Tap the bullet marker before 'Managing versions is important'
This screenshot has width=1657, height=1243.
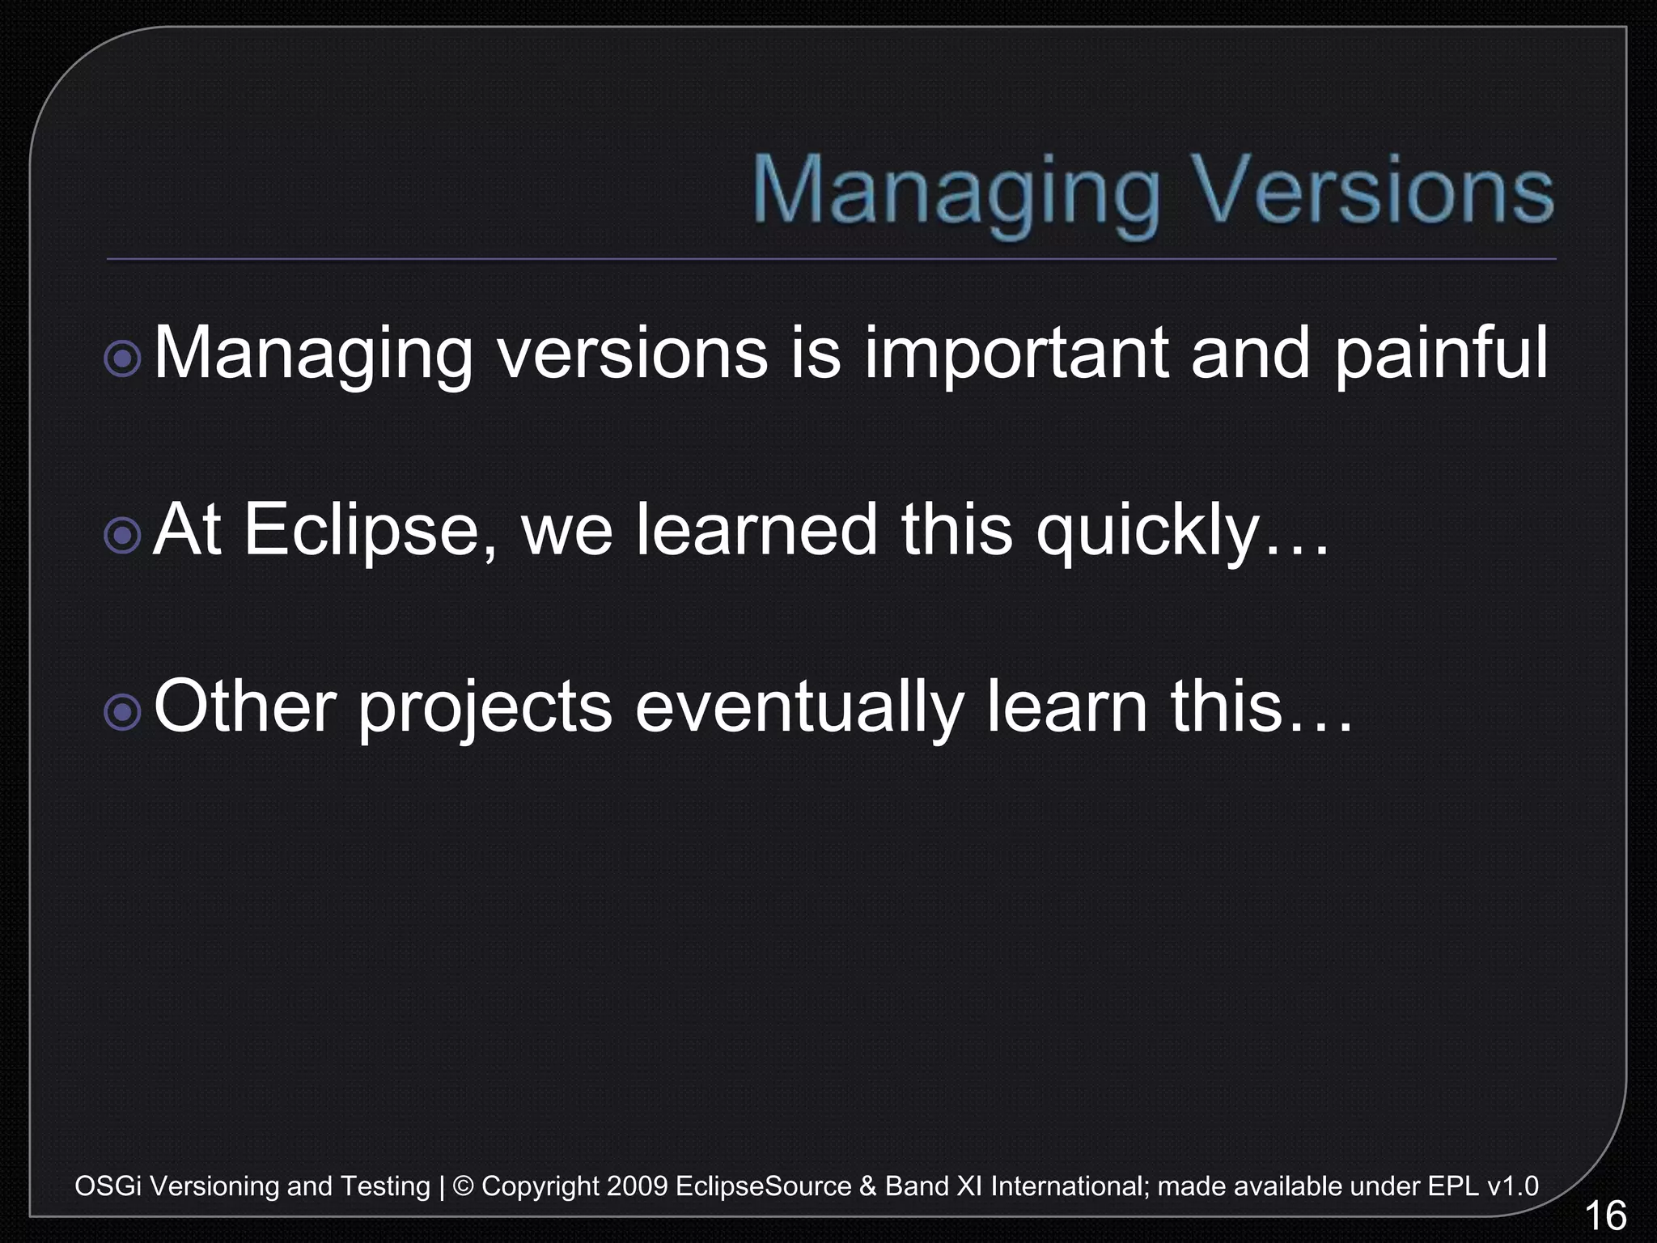(123, 357)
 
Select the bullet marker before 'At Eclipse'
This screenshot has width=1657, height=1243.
(123, 534)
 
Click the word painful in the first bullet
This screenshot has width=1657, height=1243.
(1440, 354)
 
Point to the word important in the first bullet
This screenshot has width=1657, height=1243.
(1016, 354)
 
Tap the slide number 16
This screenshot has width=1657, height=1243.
(1604, 1216)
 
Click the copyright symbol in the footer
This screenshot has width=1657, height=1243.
(464, 1186)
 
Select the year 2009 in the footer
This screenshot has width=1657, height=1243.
(637, 1186)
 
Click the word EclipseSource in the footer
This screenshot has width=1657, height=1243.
(763, 1186)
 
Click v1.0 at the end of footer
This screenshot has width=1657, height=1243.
(1512, 1186)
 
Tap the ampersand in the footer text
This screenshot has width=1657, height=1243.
(868, 1186)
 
